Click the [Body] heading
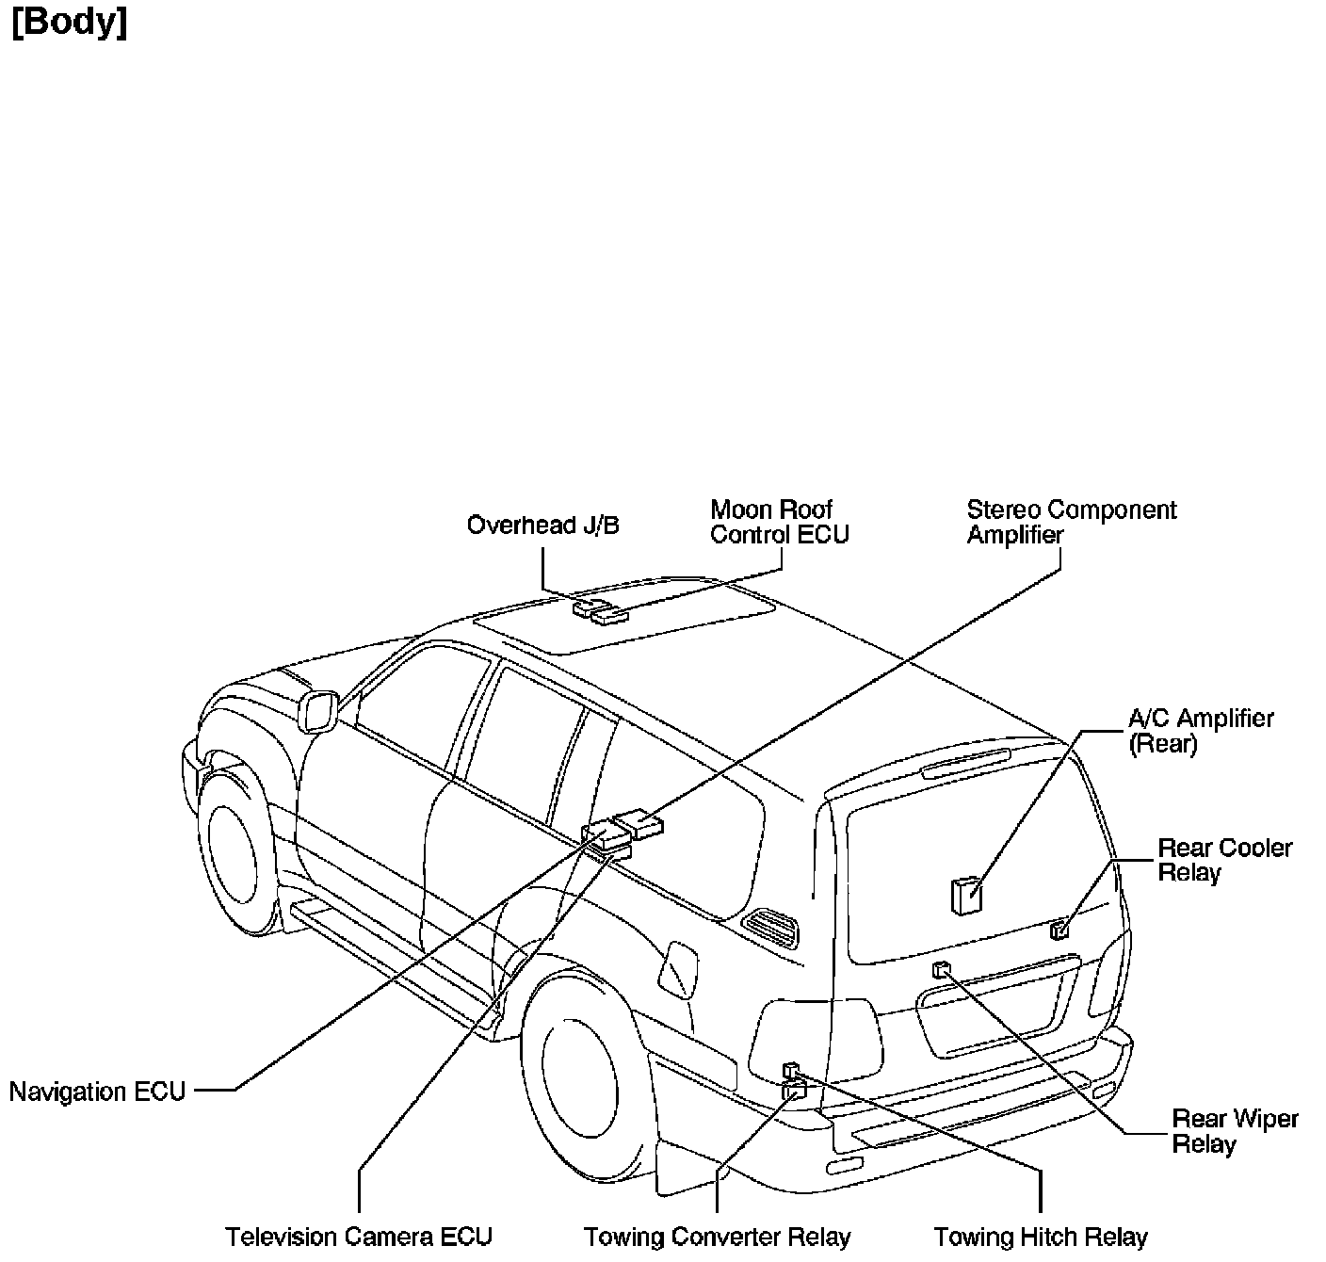70,23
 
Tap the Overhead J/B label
542,525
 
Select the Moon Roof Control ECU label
779,523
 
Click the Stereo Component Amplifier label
1071,523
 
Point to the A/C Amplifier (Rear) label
1201,731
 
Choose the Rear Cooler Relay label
1224,860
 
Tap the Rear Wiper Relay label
1235,1131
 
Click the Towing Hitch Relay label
1040,1237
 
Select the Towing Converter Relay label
717,1237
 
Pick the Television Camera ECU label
359,1237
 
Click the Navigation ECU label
97,1092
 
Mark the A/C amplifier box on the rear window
965,896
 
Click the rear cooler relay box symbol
1059,930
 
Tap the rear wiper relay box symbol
940,969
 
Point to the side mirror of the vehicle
317,712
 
